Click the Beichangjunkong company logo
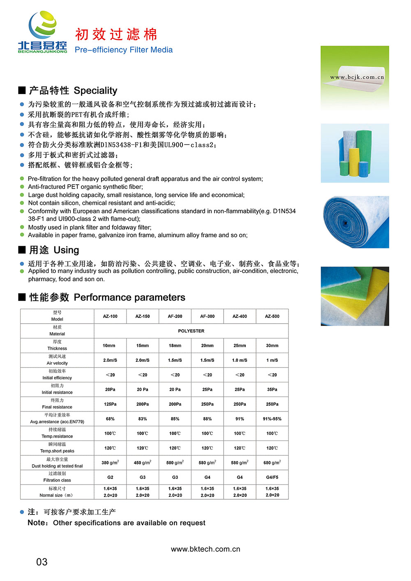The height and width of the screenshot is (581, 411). click(42, 33)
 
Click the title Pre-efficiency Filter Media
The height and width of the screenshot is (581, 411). click(123, 50)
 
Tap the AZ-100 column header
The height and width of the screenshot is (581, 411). click(110, 316)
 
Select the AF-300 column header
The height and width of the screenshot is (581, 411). click(207, 316)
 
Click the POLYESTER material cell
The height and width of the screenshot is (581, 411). click(191, 331)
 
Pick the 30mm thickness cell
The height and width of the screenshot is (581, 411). click(272, 346)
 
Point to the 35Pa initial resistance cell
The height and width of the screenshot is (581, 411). click(272, 390)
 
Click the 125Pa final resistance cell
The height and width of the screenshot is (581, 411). click(110, 404)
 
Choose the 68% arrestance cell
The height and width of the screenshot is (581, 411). click(110, 419)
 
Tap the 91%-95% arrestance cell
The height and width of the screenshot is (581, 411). click(272, 419)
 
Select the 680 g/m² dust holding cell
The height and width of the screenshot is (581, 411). click(272, 463)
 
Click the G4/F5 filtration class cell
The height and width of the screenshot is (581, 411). click(272, 478)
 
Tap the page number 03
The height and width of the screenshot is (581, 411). click(42, 562)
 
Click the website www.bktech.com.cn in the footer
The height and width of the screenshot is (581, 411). click(205, 549)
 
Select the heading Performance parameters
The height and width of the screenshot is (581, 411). click(129, 297)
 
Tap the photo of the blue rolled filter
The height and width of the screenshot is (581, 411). click(355, 222)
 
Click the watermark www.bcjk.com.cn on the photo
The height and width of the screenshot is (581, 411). click(357, 77)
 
